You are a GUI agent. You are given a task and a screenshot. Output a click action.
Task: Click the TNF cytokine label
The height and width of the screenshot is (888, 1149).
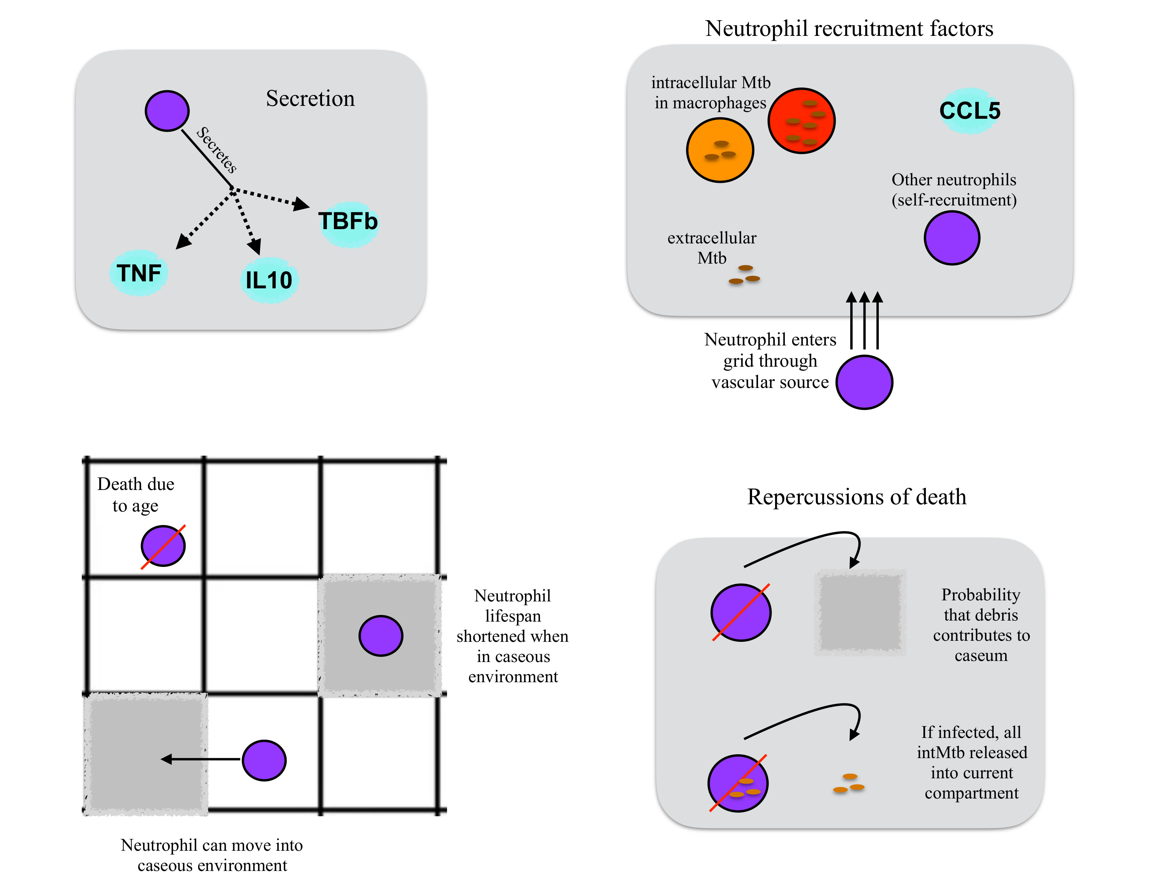click(x=139, y=273)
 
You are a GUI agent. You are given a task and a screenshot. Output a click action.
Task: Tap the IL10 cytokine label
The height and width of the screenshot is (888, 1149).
click(x=269, y=280)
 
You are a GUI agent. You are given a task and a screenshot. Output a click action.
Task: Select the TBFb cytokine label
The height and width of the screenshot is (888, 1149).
click(x=348, y=221)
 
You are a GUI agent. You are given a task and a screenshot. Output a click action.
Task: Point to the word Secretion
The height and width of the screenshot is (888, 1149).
click(x=310, y=98)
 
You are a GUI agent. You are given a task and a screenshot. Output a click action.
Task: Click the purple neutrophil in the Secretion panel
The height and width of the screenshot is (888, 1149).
click(x=167, y=110)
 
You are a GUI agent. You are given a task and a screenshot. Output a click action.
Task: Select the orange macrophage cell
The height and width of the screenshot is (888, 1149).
click(x=720, y=150)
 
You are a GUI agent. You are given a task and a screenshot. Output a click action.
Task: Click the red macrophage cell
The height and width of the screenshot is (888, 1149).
click(x=801, y=120)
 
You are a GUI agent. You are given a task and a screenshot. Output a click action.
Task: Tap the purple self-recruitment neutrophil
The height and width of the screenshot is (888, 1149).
click(x=952, y=238)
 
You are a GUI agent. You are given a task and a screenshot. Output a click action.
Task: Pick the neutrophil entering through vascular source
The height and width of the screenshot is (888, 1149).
click(x=865, y=382)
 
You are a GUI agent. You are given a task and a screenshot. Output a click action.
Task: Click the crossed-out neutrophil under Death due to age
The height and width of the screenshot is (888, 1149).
click(x=163, y=546)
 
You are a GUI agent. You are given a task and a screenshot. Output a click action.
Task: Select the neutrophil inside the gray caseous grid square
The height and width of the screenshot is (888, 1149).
click(x=381, y=636)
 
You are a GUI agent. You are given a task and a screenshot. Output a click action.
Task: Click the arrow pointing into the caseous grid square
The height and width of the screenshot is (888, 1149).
click(x=200, y=759)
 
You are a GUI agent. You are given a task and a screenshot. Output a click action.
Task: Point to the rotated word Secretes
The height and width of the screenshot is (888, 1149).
click(x=216, y=150)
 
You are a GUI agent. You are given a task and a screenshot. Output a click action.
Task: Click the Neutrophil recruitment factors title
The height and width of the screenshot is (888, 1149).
click(x=849, y=29)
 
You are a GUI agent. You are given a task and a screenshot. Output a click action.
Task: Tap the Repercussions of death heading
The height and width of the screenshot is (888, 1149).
click(x=857, y=497)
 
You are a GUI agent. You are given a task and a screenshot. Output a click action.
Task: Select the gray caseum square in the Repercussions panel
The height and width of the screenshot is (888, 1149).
click(x=860, y=612)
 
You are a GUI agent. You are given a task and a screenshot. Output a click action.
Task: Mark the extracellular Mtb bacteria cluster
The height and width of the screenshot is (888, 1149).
click(x=744, y=275)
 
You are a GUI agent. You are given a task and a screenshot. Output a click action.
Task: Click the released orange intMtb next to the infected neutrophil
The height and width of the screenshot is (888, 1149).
click(x=849, y=783)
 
